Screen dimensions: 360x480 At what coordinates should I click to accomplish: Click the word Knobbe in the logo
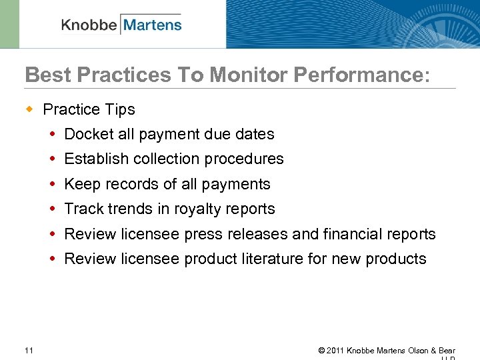tap(89, 25)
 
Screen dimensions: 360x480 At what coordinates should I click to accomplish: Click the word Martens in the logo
tap(152, 25)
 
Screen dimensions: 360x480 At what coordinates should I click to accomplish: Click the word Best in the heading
tap(46, 75)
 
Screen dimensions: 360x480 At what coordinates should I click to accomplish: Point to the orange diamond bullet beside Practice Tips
tap(29, 109)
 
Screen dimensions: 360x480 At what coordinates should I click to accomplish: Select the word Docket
tap(89, 134)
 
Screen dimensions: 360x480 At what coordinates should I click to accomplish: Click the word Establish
tap(97, 159)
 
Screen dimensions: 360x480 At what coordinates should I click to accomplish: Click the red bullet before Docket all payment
tap(53, 135)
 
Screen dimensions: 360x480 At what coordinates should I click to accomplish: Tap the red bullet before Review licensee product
tap(53, 259)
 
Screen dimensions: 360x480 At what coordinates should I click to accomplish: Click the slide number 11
tap(29, 350)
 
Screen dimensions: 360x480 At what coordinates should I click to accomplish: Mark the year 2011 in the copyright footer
tap(337, 351)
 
